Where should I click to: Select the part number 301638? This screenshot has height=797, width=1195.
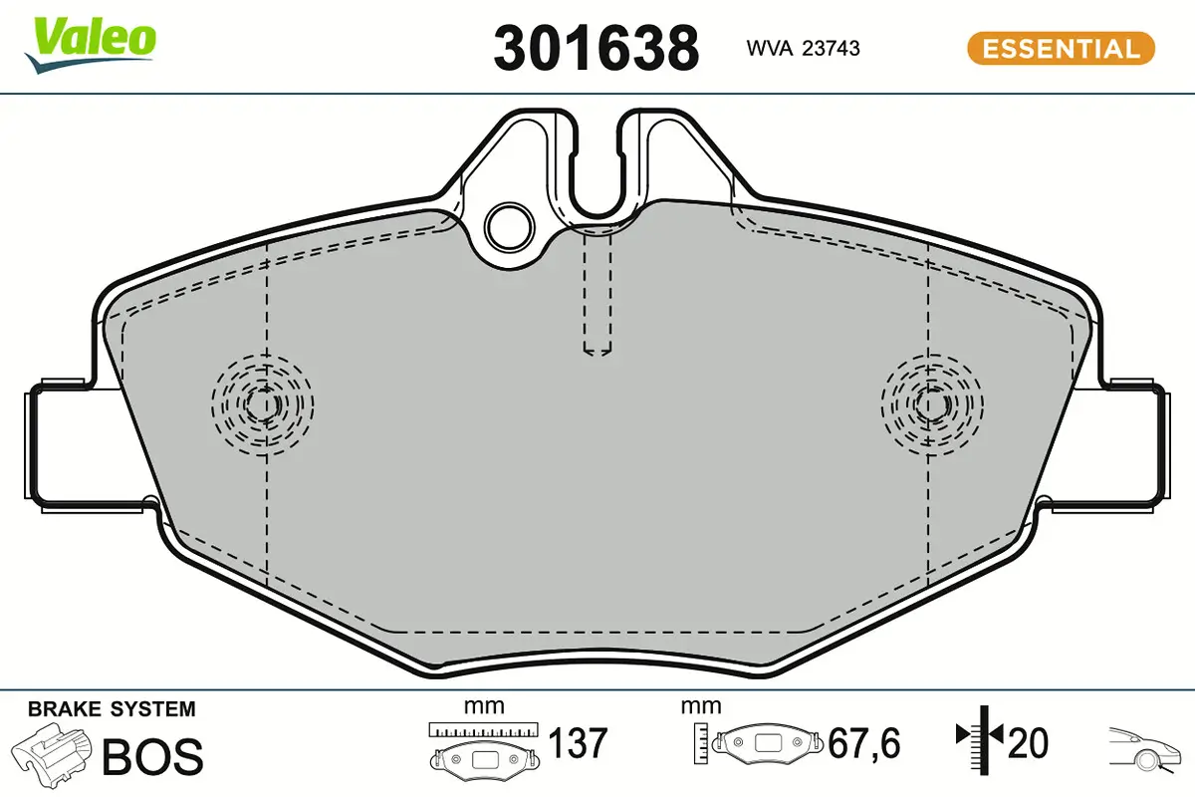[596, 48]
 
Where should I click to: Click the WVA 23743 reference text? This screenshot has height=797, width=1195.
[804, 48]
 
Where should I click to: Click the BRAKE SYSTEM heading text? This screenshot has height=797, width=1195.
[112, 709]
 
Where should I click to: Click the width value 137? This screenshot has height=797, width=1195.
[578, 743]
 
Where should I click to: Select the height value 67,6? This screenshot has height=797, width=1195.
[864, 743]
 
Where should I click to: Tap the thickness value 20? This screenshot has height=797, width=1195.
[1029, 743]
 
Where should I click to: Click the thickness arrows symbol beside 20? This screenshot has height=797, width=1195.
[980, 737]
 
